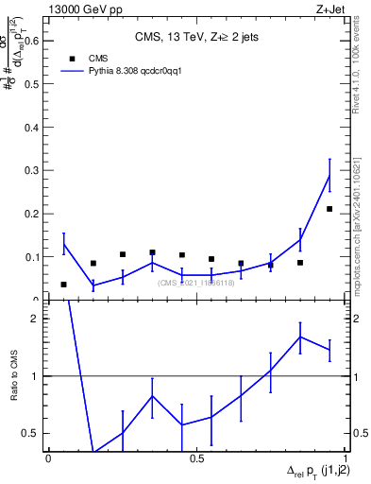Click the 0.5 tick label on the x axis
pos(197,458)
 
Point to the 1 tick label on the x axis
pos(346,458)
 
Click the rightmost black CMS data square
pos(329,209)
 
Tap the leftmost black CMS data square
pos(63,285)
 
